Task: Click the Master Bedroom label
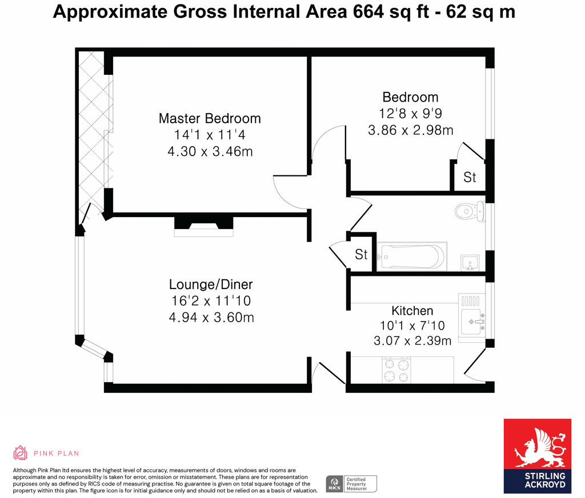[x=210, y=118]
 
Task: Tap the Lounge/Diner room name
[x=211, y=284]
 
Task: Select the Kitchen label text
[x=412, y=311]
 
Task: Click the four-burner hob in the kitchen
[x=396, y=370]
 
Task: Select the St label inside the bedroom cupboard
[x=470, y=178]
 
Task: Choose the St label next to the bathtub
[x=361, y=254]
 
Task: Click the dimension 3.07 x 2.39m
[x=412, y=341]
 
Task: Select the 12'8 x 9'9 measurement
[x=410, y=114]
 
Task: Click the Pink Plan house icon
[x=21, y=453]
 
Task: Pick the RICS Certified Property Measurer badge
[x=351, y=484]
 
